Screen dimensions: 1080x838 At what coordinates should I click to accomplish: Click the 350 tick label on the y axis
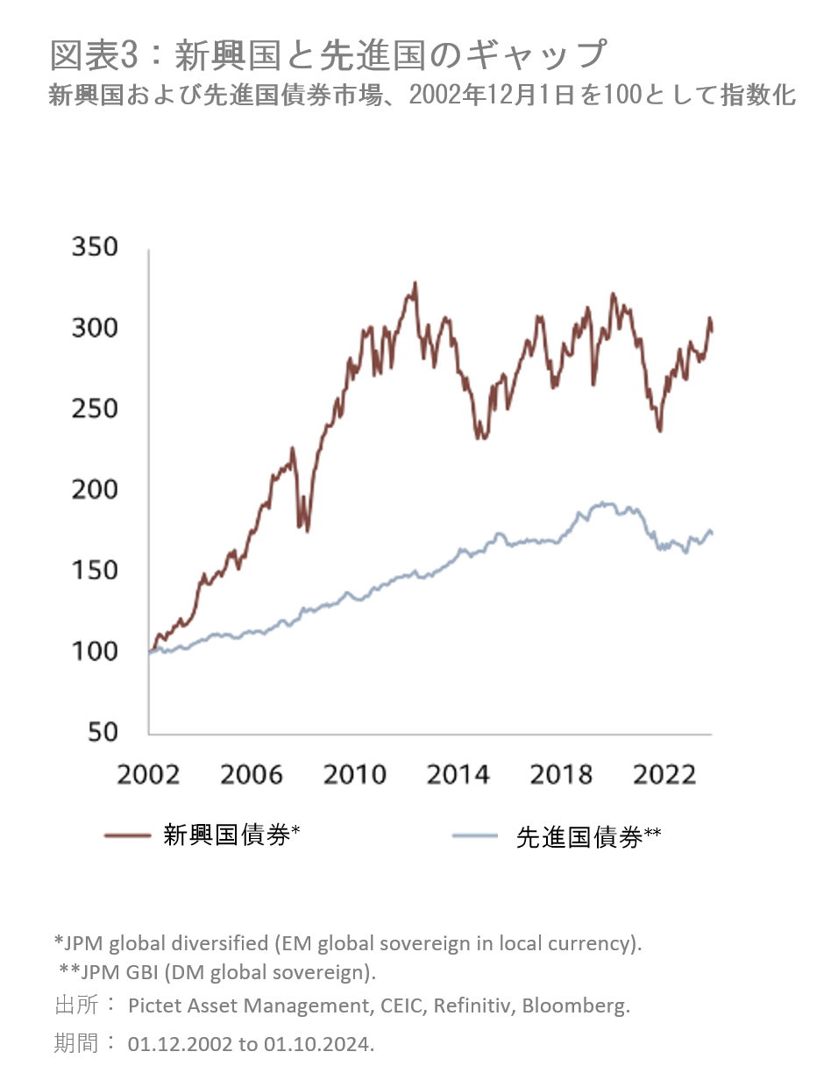click(x=94, y=246)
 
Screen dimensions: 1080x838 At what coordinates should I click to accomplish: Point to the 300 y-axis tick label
click(x=94, y=328)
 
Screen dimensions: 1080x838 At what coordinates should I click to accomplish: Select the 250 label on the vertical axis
click(x=94, y=409)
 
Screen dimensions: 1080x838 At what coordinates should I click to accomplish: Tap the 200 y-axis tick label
click(x=94, y=489)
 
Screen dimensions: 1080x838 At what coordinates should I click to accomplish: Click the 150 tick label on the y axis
click(x=94, y=570)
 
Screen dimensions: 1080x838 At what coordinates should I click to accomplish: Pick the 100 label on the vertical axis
click(x=94, y=651)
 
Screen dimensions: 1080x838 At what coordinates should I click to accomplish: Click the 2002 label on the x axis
click(x=148, y=775)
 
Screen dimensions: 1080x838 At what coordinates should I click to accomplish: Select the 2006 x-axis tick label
click(x=252, y=775)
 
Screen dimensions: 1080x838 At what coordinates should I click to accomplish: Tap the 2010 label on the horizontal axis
click(x=355, y=775)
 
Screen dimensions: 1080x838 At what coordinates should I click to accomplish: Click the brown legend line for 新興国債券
click(x=127, y=835)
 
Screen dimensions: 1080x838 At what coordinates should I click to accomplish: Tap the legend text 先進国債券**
click(x=588, y=837)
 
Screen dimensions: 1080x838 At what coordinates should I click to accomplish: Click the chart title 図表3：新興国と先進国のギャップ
click(x=328, y=55)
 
